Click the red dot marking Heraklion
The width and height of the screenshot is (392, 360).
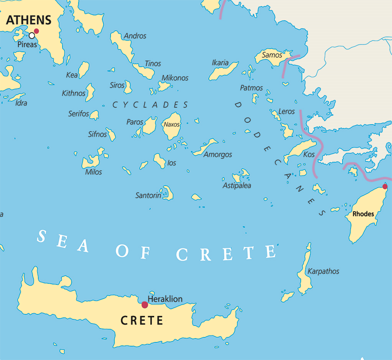tap(145, 305)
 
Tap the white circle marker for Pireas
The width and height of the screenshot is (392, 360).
tap(32, 36)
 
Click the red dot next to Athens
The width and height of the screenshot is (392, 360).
tap(36, 31)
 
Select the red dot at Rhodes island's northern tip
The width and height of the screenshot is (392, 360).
tap(385, 187)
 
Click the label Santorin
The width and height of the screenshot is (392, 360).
tap(148, 196)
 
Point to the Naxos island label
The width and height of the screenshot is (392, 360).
tap(171, 125)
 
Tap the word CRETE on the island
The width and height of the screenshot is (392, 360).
tap(142, 321)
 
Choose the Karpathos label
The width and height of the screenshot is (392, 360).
tap(323, 271)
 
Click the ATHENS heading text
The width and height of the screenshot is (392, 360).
tap(29, 20)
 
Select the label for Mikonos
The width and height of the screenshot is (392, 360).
tap(175, 78)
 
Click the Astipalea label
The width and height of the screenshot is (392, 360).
tap(237, 186)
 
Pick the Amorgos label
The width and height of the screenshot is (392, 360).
tap(218, 155)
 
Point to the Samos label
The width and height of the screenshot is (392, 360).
tap(272, 55)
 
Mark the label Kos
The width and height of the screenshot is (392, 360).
tap(309, 155)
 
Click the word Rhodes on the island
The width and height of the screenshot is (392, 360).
tap(363, 214)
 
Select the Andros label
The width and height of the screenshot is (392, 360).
tap(135, 36)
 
